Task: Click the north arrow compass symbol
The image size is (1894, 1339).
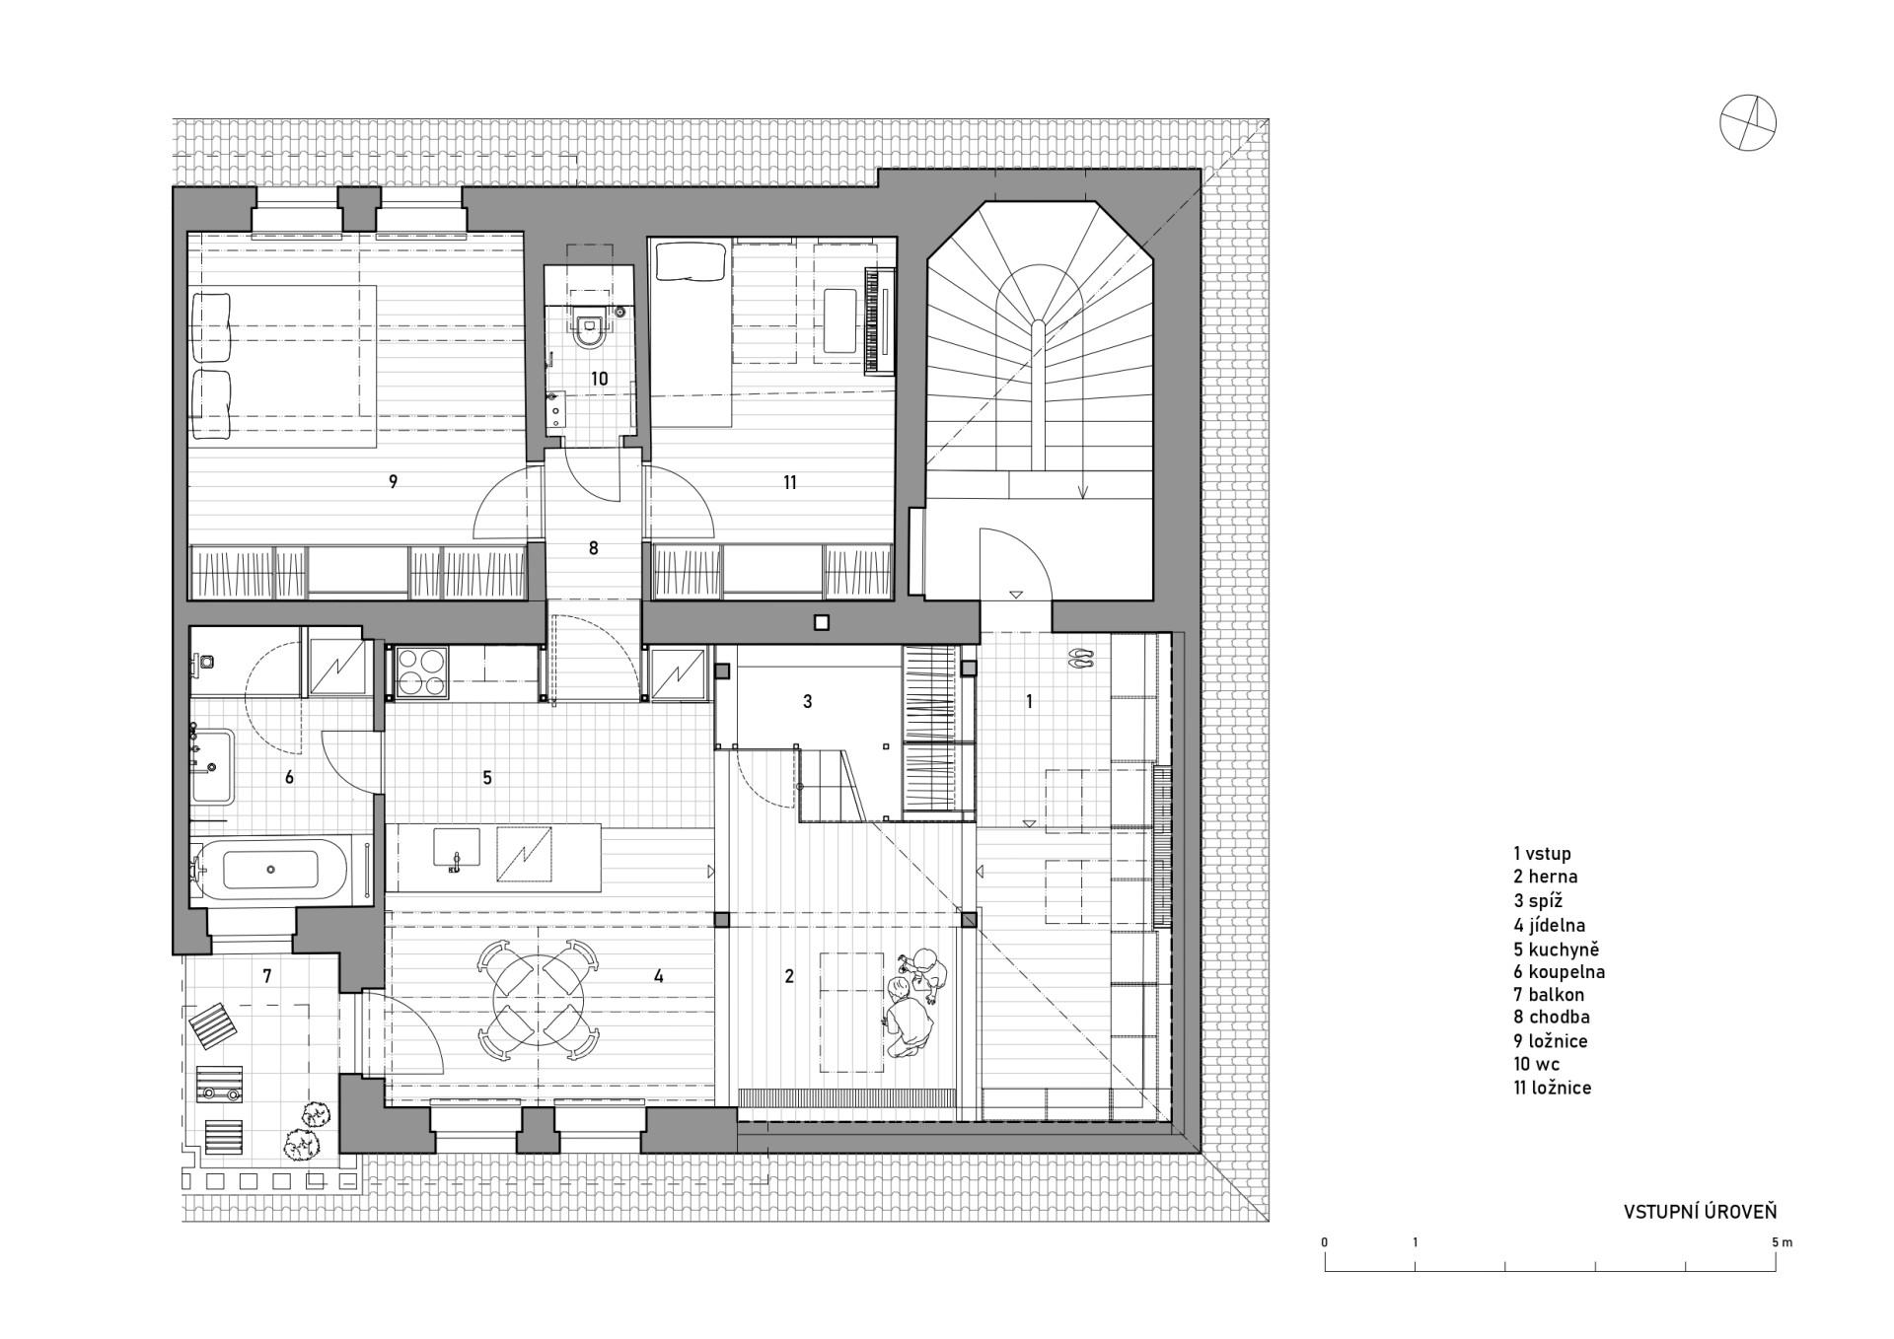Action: [x=1748, y=124]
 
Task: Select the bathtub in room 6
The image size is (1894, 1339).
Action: [x=270, y=870]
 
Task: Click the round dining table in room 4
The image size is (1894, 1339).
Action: [x=538, y=1001]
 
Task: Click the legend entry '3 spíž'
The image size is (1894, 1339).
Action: [x=1538, y=901]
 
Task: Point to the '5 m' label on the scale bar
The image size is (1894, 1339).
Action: [x=1783, y=1242]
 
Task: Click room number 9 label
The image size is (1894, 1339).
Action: [x=393, y=482]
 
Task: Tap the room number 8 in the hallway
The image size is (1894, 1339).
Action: [x=593, y=548]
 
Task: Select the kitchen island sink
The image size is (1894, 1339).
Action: [x=456, y=847]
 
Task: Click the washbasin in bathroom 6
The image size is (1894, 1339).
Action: [x=213, y=765]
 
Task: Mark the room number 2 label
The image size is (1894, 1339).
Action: [x=788, y=977]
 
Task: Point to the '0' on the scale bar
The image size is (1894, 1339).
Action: [x=1325, y=1242]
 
